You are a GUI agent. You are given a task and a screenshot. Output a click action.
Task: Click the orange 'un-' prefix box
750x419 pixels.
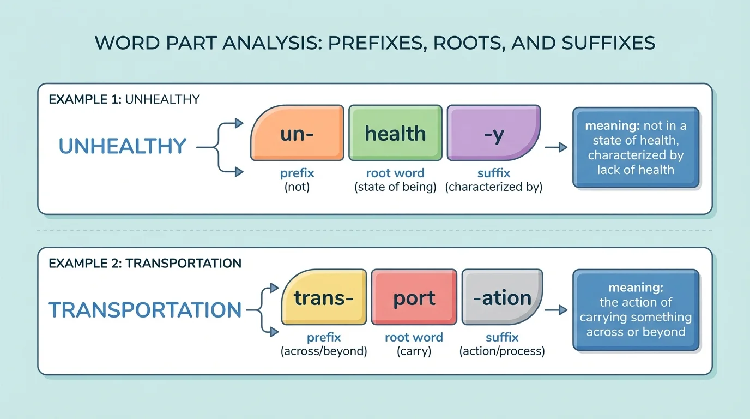point(297,133)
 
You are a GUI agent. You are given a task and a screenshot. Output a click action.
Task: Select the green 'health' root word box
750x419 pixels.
point(395,133)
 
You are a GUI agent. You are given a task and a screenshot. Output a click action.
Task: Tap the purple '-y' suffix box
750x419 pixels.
point(493,133)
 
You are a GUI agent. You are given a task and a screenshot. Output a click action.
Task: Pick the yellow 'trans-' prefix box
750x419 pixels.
point(324,297)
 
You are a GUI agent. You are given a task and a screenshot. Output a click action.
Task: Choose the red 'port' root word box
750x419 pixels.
point(414,297)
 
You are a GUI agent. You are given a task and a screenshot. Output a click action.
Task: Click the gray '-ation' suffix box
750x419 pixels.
point(502,297)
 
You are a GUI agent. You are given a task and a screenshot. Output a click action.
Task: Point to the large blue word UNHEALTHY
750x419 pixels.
point(123,146)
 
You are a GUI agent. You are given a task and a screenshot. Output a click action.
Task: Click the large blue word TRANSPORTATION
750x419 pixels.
point(145,310)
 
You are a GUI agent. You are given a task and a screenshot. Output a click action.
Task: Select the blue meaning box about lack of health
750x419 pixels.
point(636,148)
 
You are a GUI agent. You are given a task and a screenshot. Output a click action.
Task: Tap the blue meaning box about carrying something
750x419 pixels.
point(636,310)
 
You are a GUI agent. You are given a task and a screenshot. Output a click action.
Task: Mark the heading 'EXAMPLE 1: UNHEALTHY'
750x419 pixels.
point(124,99)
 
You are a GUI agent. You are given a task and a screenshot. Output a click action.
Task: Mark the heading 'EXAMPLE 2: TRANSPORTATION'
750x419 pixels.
point(145,263)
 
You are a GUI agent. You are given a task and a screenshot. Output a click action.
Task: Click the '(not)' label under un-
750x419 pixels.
point(297,187)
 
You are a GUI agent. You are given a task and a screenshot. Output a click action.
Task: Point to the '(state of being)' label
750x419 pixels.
point(395,187)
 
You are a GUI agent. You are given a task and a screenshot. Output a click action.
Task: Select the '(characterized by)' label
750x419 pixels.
point(493,187)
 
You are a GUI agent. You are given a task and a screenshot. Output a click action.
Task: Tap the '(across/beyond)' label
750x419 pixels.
point(324,351)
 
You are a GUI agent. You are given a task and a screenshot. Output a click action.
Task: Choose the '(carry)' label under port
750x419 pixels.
point(414,351)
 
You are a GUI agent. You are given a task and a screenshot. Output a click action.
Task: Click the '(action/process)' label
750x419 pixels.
point(502,351)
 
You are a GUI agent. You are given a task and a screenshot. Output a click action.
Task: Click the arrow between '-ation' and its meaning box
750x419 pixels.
point(556,310)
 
